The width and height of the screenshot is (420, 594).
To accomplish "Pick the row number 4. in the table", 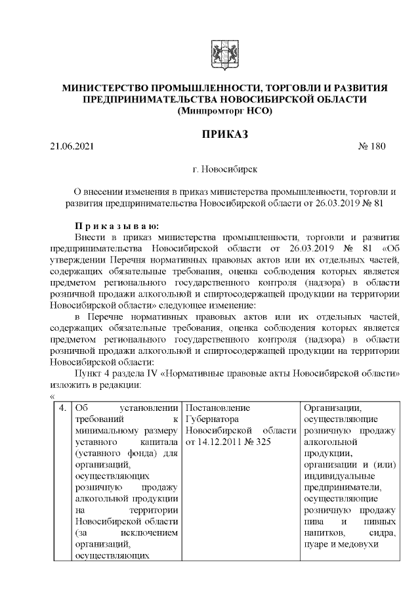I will (62, 408).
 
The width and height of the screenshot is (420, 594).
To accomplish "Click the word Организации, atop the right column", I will (329, 408).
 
